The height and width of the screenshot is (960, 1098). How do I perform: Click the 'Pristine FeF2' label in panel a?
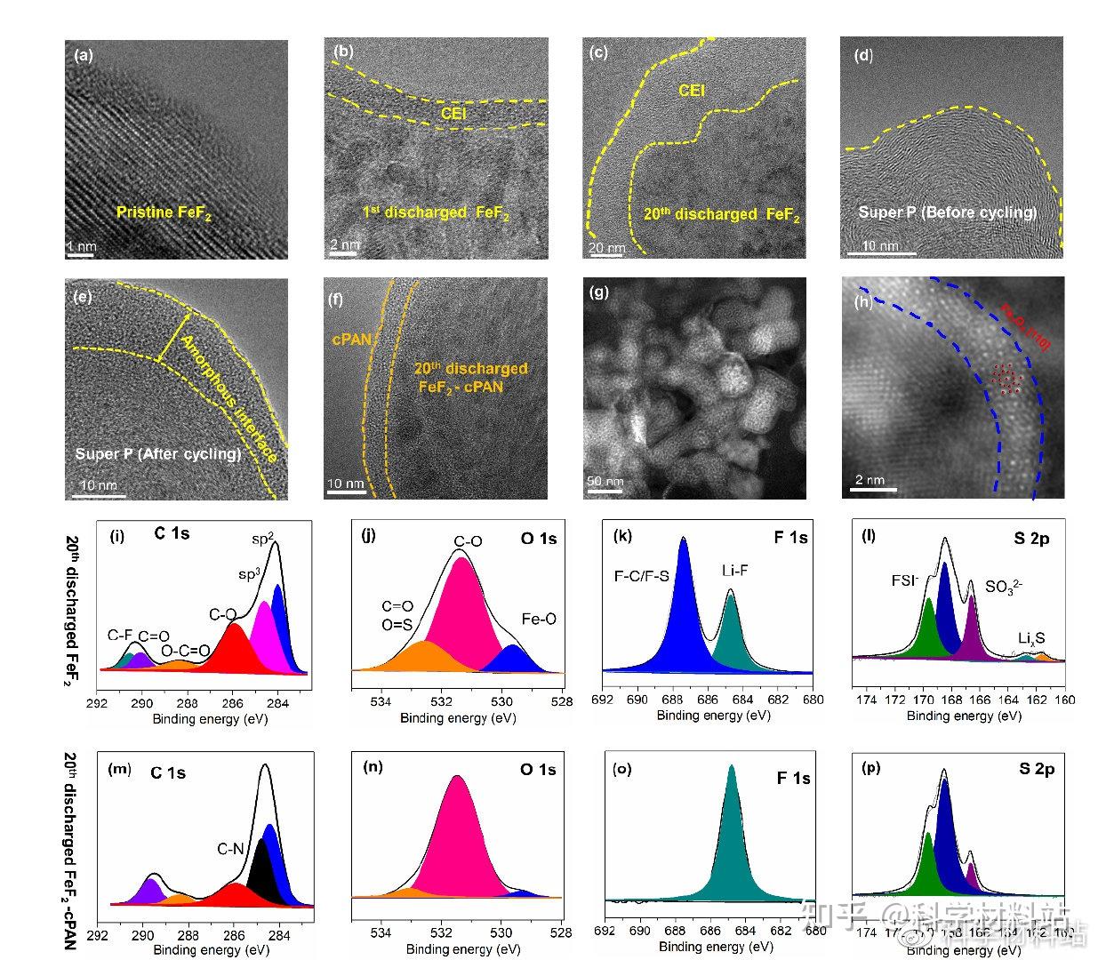(x=164, y=212)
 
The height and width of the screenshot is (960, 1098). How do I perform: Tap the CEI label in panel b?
(x=453, y=113)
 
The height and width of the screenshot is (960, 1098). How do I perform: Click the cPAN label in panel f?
(x=352, y=339)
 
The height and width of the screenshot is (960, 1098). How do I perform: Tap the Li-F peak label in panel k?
(x=730, y=571)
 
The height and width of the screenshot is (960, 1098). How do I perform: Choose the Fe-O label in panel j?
(x=538, y=619)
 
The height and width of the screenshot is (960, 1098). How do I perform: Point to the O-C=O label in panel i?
(x=185, y=650)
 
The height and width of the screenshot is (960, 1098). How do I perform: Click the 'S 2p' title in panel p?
(x=1037, y=770)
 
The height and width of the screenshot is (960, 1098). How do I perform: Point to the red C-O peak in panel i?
(x=234, y=649)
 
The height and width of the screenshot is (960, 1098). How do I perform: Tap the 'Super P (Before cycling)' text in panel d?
(x=948, y=212)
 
